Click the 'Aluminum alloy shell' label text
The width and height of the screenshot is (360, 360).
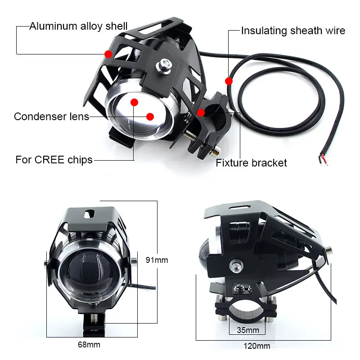pyautogui.click(x=78, y=26)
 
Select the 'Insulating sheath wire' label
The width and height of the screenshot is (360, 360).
pyautogui.click(x=293, y=31)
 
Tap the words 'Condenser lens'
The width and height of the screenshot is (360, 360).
pyautogui.click(x=51, y=117)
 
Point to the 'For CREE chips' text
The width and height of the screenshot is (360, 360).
pyautogui.click(x=54, y=159)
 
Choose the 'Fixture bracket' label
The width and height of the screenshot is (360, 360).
pyautogui.click(x=251, y=162)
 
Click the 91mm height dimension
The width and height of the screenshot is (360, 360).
pyautogui.click(x=157, y=260)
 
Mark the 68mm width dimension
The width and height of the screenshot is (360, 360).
pyautogui.click(x=89, y=345)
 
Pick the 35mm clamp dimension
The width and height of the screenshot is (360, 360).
pyautogui.click(x=248, y=330)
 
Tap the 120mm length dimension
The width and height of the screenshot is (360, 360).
pyautogui.click(x=257, y=346)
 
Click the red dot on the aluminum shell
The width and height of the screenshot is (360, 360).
pyautogui.click(x=108, y=54)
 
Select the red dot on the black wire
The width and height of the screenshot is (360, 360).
pyautogui.click(x=229, y=81)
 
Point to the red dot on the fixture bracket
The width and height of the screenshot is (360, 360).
pyautogui.click(x=201, y=112)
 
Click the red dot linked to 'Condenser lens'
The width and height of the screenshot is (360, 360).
pyautogui.click(x=150, y=117)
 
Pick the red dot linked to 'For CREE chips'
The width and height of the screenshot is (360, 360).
pyautogui.click(x=134, y=102)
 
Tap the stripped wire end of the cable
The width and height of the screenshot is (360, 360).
pyautogui.click(x=324, y=159)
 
